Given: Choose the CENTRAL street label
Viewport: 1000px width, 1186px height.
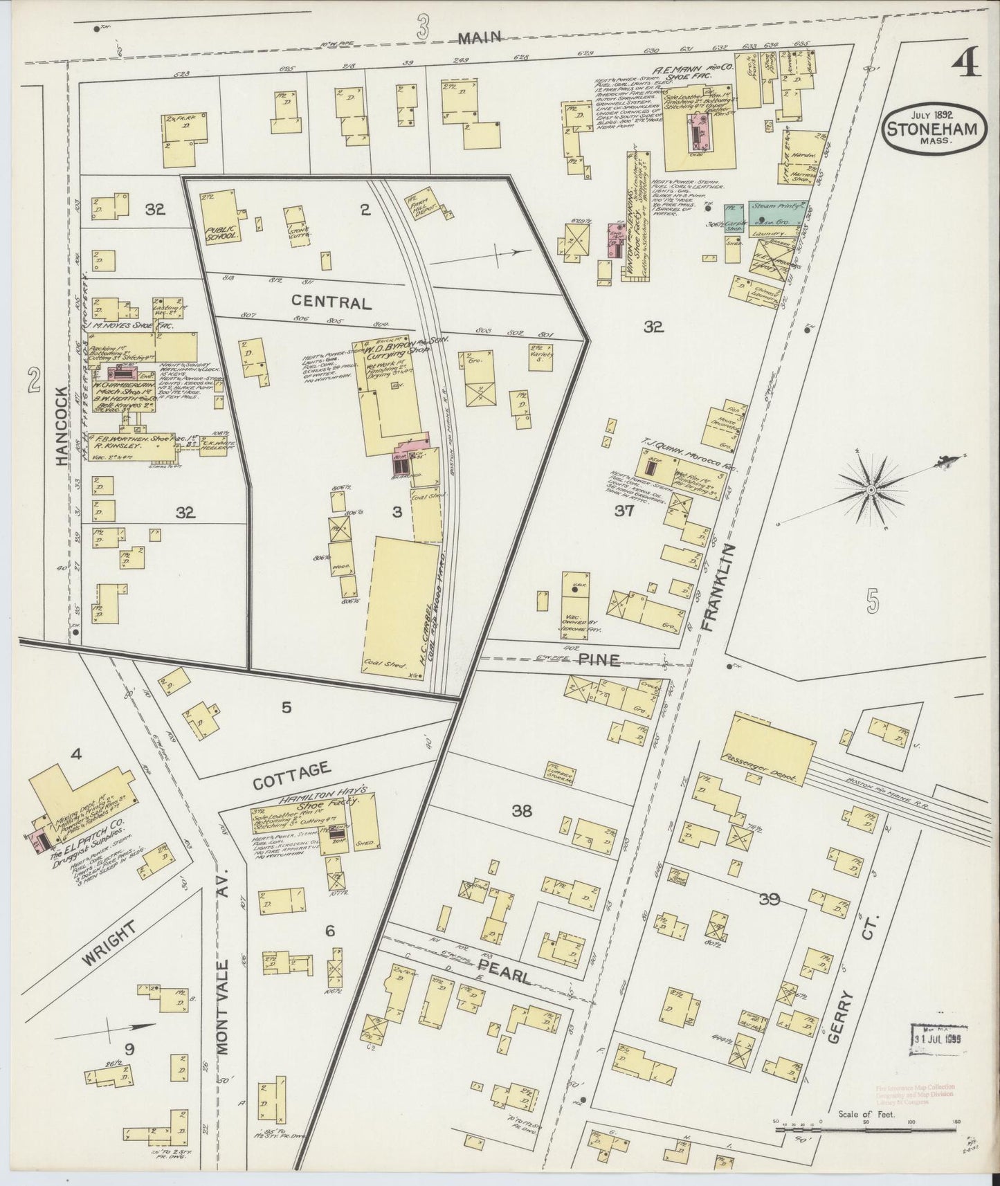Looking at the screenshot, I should [331, 302].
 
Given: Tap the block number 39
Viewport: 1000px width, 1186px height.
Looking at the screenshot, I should [769, 900].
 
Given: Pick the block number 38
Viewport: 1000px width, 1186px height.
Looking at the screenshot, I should [521, 811].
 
